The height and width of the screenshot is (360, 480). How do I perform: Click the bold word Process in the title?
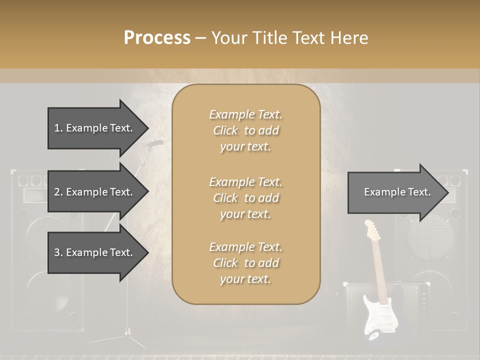[157, 38]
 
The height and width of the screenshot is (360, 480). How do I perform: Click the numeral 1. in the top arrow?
[58, 128]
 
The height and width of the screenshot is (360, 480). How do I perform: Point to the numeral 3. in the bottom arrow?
[58, 252]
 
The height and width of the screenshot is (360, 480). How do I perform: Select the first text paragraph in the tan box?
[245, 130]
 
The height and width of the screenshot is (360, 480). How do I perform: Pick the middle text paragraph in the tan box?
[245, 198]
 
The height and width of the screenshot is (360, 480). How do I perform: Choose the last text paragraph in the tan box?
[245, 263]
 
